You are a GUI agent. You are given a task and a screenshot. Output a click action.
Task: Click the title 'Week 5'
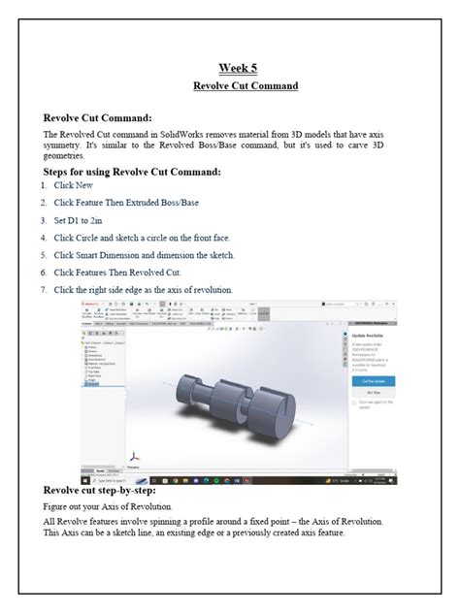tap(237, 68)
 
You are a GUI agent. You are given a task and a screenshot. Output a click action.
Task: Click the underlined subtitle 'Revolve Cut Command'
tap(245, 85)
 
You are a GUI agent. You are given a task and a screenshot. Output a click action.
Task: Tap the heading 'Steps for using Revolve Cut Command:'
tap(133, 172)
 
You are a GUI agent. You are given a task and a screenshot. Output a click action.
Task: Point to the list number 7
tap(44, 289)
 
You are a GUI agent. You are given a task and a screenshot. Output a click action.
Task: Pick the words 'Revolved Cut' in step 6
tap(157, 272)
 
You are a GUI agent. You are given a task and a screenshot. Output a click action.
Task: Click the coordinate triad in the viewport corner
tap(135, 455)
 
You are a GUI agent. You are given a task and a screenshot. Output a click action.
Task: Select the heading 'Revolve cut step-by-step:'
tap(108, 492)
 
